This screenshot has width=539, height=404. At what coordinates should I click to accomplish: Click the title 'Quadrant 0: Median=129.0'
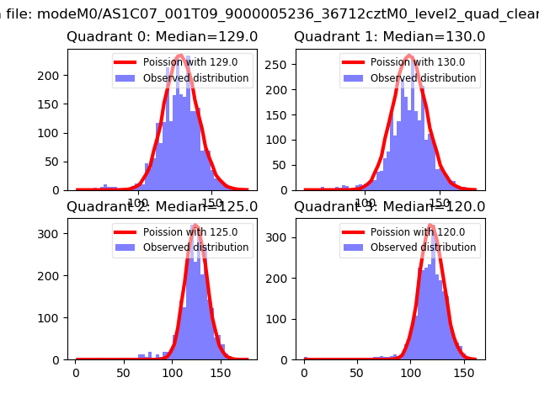pyautogui.click(x=162, y=37)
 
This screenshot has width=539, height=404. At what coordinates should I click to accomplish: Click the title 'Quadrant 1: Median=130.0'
pyautogui.click(x=389, y=37)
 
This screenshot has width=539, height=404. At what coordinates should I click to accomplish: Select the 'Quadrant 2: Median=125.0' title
pyautogui.click(x=162, y=206)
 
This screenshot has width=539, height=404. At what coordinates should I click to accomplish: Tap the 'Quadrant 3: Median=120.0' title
pyautogui.click(x=389, y=206)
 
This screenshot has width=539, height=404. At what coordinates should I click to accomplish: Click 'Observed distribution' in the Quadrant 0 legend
pyautogui.click(x=195, y=78)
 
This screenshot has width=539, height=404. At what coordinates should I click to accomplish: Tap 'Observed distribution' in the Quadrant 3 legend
pyautogui.click(x=423, y=247)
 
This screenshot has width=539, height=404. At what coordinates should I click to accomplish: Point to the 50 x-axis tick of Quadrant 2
pyautogui.click(x=125, y=371)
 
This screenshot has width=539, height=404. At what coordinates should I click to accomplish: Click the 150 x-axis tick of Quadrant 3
pyautogui.click(x=460, y=371)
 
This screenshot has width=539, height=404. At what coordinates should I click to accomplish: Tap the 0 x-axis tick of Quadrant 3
pyautogui.click(x=304, y=371)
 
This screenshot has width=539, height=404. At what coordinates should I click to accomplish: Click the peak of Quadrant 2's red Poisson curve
pyautogui.click(x=195, y=226)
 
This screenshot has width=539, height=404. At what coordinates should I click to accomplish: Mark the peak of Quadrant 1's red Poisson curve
pyautogui.click(x=408, y=56)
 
